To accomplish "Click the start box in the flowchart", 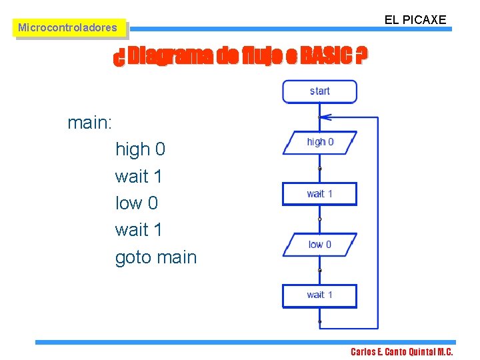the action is point(319,91).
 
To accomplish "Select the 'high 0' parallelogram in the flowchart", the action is point(319,142).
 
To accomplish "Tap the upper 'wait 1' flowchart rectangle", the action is point(319,193).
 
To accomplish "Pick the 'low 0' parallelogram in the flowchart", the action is point(319,245).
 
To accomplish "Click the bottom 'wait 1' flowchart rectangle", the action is point(319,295).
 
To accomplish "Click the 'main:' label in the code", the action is point(90,123).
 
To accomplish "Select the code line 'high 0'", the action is point(140,149).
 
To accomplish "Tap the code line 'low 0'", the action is point(136,203).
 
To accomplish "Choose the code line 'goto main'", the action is point(156,257).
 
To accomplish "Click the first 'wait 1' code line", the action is point(139,176).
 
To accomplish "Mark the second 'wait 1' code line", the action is point(139,230).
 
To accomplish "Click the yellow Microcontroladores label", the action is point(67,28).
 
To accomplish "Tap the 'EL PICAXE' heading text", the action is point(415,20).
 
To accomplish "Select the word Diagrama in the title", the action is point(171,57).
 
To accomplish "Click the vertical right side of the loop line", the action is point(378,220).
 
